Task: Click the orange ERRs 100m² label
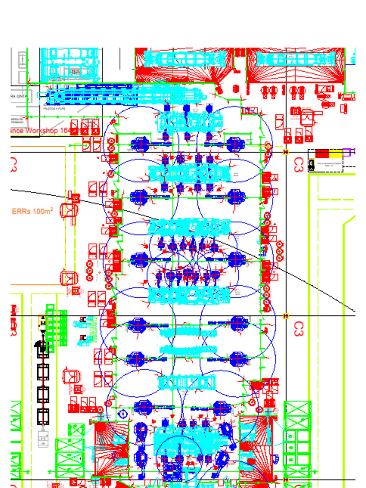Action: point(32,211)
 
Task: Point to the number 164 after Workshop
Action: point(64,131)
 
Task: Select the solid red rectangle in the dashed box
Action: point(322,153)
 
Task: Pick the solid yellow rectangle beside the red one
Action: point(335,153)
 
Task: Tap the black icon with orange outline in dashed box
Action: point(312,165)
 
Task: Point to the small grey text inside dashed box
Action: point(329,165)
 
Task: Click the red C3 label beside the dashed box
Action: point(299,164)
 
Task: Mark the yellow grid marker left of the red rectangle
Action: point(286,152)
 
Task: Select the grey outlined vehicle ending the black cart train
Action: point(43,437)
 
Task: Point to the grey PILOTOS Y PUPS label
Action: point(55,109)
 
